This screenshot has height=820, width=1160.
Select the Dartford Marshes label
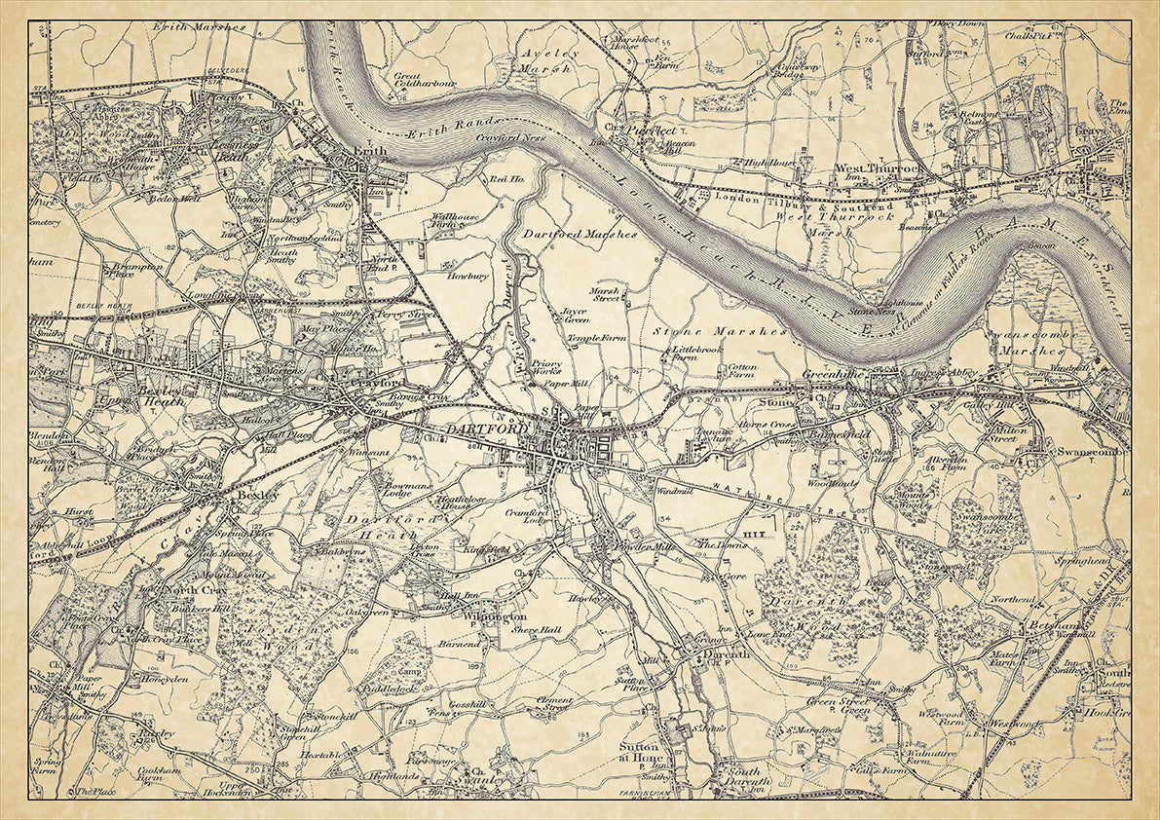pos(580,235)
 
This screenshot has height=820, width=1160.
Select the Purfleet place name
pos(651,128)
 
